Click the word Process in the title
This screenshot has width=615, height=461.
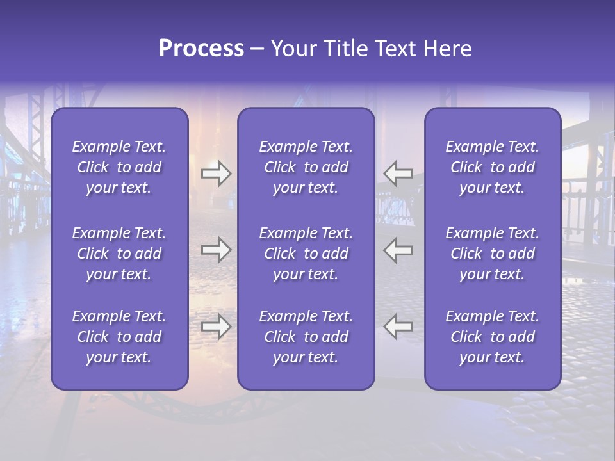pos(201,49)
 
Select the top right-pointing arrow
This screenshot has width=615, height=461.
pos(216,174)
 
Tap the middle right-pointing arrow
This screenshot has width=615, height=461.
pos(216,250)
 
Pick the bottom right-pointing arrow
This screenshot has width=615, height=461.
pos(216,327)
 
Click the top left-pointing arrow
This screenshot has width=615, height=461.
pos(398,174)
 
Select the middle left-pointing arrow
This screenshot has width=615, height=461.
pos(398,250)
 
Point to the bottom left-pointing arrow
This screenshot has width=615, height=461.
pos(398,327)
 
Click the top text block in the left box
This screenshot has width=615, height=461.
pos(119,167)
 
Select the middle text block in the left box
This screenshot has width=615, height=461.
pos(119,254)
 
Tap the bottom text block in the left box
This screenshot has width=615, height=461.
pos(119,337)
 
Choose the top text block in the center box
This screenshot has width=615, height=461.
pos(306,167)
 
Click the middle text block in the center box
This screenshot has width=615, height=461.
pos(306,254)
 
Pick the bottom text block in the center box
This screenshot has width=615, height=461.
pos(306,337)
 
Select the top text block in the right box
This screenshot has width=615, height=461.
pos(492,167)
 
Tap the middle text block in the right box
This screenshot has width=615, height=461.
pos(492,254)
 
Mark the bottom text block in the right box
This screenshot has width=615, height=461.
pos(492,337)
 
